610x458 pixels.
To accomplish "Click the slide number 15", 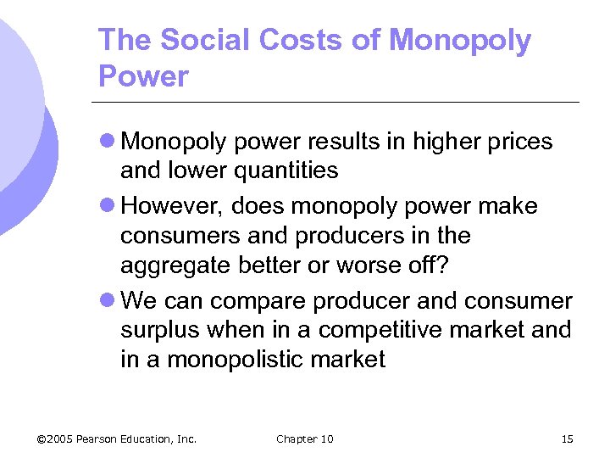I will tap(567, 438).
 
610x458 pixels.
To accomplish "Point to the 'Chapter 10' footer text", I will tap(305, 438).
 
